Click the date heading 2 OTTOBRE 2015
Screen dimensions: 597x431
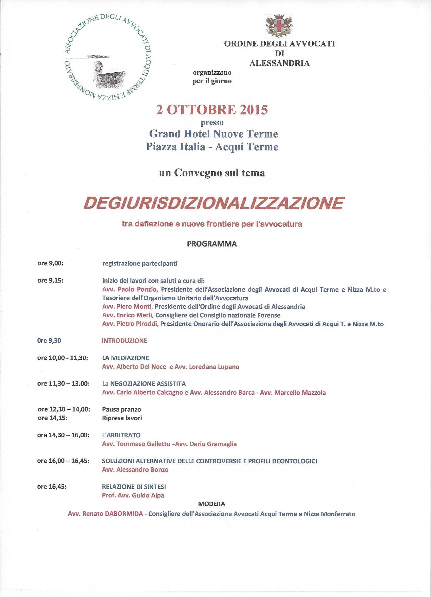coord(212,110)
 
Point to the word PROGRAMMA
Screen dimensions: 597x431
coord(212,244)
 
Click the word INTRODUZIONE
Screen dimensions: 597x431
coord(124,341)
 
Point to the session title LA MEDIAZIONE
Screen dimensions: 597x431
coord(125,358)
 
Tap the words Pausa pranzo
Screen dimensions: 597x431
coord(121,410)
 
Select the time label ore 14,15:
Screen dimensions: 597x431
coord(52,418)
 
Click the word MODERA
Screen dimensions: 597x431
coord(212,504)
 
